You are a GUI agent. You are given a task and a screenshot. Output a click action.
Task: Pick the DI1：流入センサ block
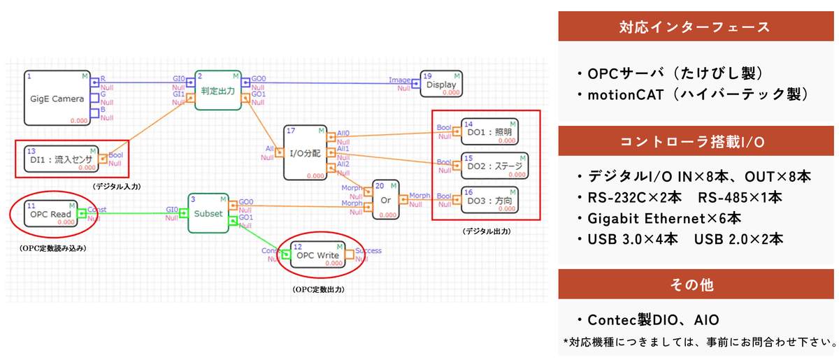click(62, 159)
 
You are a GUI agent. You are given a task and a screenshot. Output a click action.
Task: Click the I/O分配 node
click(305, 152)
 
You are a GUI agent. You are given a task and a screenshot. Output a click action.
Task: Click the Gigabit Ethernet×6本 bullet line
click(664, 217)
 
